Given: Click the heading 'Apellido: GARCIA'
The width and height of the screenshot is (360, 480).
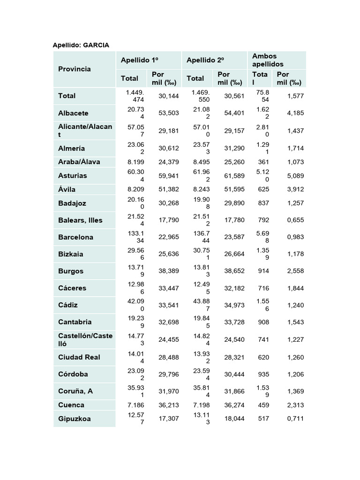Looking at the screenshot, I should (x=81, y=45).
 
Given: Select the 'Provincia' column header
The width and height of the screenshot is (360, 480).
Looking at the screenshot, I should (x=74, y=69).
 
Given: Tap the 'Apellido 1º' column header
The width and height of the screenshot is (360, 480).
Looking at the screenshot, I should (x=139, y=60).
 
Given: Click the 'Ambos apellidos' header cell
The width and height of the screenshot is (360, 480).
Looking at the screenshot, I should (x=268, y=60).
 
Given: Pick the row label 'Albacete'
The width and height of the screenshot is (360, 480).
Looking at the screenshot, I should (x=73, y=113).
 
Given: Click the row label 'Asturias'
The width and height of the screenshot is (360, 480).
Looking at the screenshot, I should (x=72, y=176).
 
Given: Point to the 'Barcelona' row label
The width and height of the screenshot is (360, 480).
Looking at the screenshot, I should (x=75, y=237).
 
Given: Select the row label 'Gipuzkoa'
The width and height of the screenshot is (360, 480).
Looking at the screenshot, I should (x=74, y=419).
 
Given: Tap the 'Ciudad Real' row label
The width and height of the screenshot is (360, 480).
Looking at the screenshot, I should (x=79, y=357).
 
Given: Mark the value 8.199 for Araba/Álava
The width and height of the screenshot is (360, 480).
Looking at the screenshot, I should (x=135, y=162).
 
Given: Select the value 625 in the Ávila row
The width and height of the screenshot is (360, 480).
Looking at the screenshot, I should (x=263, y=189).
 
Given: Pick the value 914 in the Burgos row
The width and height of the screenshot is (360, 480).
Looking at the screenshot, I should (x=263, y=271).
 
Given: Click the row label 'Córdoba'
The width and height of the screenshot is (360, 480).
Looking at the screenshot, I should (x=73, y=374).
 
